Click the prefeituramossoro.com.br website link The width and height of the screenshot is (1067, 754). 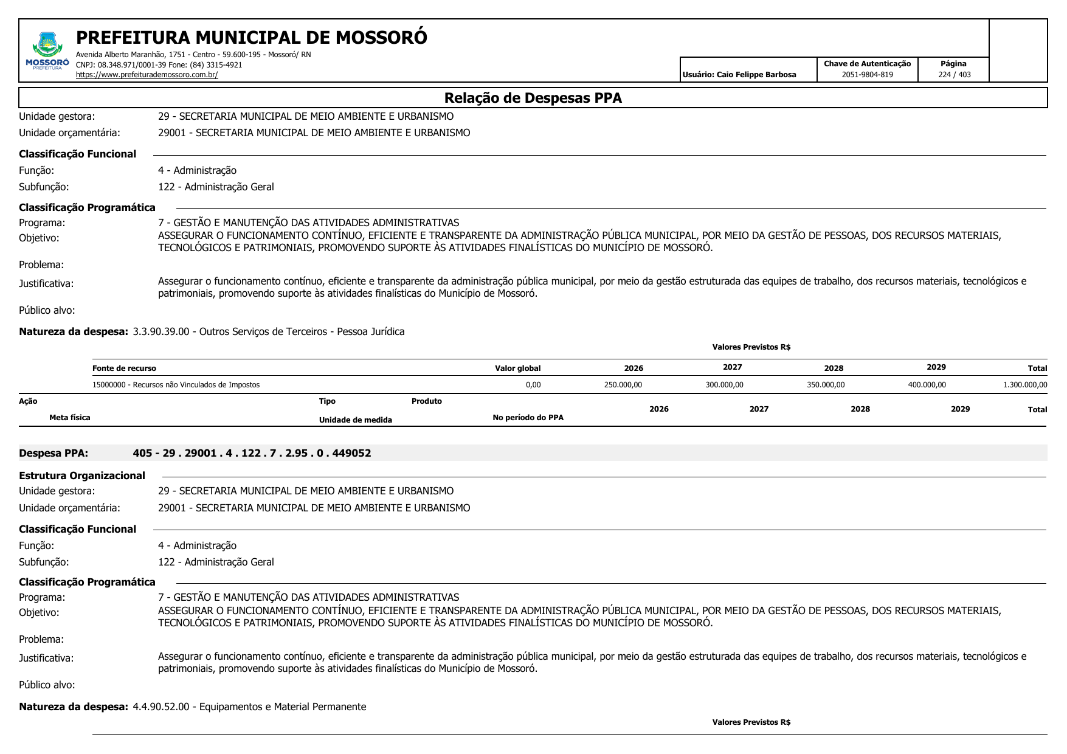click(147, 75)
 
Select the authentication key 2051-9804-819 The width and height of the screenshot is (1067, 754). click(867, 75)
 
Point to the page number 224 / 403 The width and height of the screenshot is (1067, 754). click(954, 75)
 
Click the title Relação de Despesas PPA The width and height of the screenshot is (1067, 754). click(533, 98)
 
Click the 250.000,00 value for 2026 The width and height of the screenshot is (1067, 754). click(623, 385)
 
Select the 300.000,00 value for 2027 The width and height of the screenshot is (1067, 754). click(724, 385)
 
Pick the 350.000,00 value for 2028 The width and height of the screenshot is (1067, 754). click(825, 385)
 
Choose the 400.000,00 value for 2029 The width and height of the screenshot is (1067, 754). click(927, 385)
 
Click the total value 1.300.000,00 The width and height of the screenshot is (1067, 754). click(1025, 385)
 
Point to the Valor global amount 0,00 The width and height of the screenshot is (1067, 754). click(533, 385)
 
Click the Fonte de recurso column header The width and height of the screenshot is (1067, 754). click(124, 368)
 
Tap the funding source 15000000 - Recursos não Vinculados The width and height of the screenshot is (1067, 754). click(176, 385)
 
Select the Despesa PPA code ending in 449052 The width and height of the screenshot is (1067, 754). click(252, 453)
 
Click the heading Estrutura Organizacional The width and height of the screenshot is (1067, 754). click(82, 476)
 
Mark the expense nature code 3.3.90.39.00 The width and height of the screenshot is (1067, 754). click(161, 332)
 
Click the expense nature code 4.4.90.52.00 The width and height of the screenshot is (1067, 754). click(161, 707)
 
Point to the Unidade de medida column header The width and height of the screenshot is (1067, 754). click(355, 420)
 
